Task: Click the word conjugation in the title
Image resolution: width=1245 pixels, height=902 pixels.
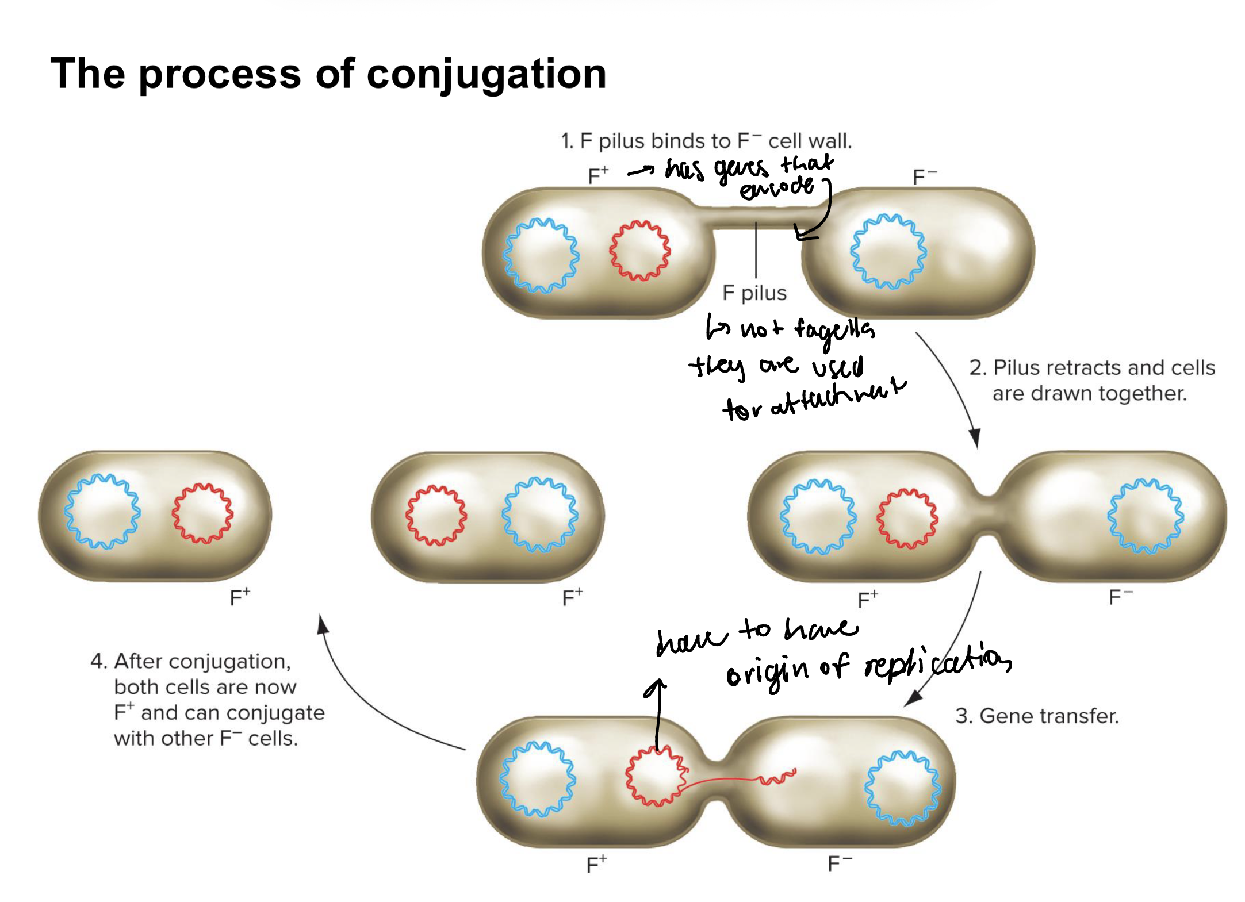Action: pyautogui.click(x=486, y=75)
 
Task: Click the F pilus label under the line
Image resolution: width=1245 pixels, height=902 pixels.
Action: pyautogui.click(x=754, y=293)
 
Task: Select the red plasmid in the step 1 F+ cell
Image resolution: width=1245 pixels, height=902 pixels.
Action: pyautogui.click(x=639, y=251)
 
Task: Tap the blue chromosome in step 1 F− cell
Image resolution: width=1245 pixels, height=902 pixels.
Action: pyautogui.click(x=888, y=251)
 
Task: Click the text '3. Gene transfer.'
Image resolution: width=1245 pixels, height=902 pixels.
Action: pyautogui.click(x=1036, y=716)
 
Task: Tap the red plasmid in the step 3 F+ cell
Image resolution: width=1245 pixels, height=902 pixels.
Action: pyautogui.click(x=656, y=776)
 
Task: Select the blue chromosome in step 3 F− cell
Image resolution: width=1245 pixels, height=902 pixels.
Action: pyautogui.click(x=902, y=788)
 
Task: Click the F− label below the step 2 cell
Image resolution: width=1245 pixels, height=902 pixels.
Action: pyautogui.click(x=1120, y=597)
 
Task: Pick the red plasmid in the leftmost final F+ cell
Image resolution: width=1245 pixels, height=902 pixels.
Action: pyautogui.click(x=202, y=513)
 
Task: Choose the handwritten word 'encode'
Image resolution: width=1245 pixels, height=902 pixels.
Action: pyautogui.click(x=776, y=187)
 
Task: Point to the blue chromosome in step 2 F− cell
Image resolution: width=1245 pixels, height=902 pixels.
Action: pyautogui.click(x=1146, y=516)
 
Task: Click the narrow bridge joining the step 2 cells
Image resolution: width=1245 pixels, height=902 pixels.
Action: pyautogui.click(x=987, y=515)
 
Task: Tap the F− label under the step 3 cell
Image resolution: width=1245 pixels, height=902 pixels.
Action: pyautogui.click(x=839, y=863)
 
